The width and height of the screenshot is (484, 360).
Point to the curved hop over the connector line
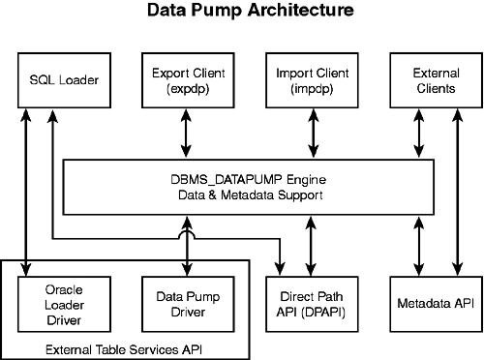click(x=184, y=236)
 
